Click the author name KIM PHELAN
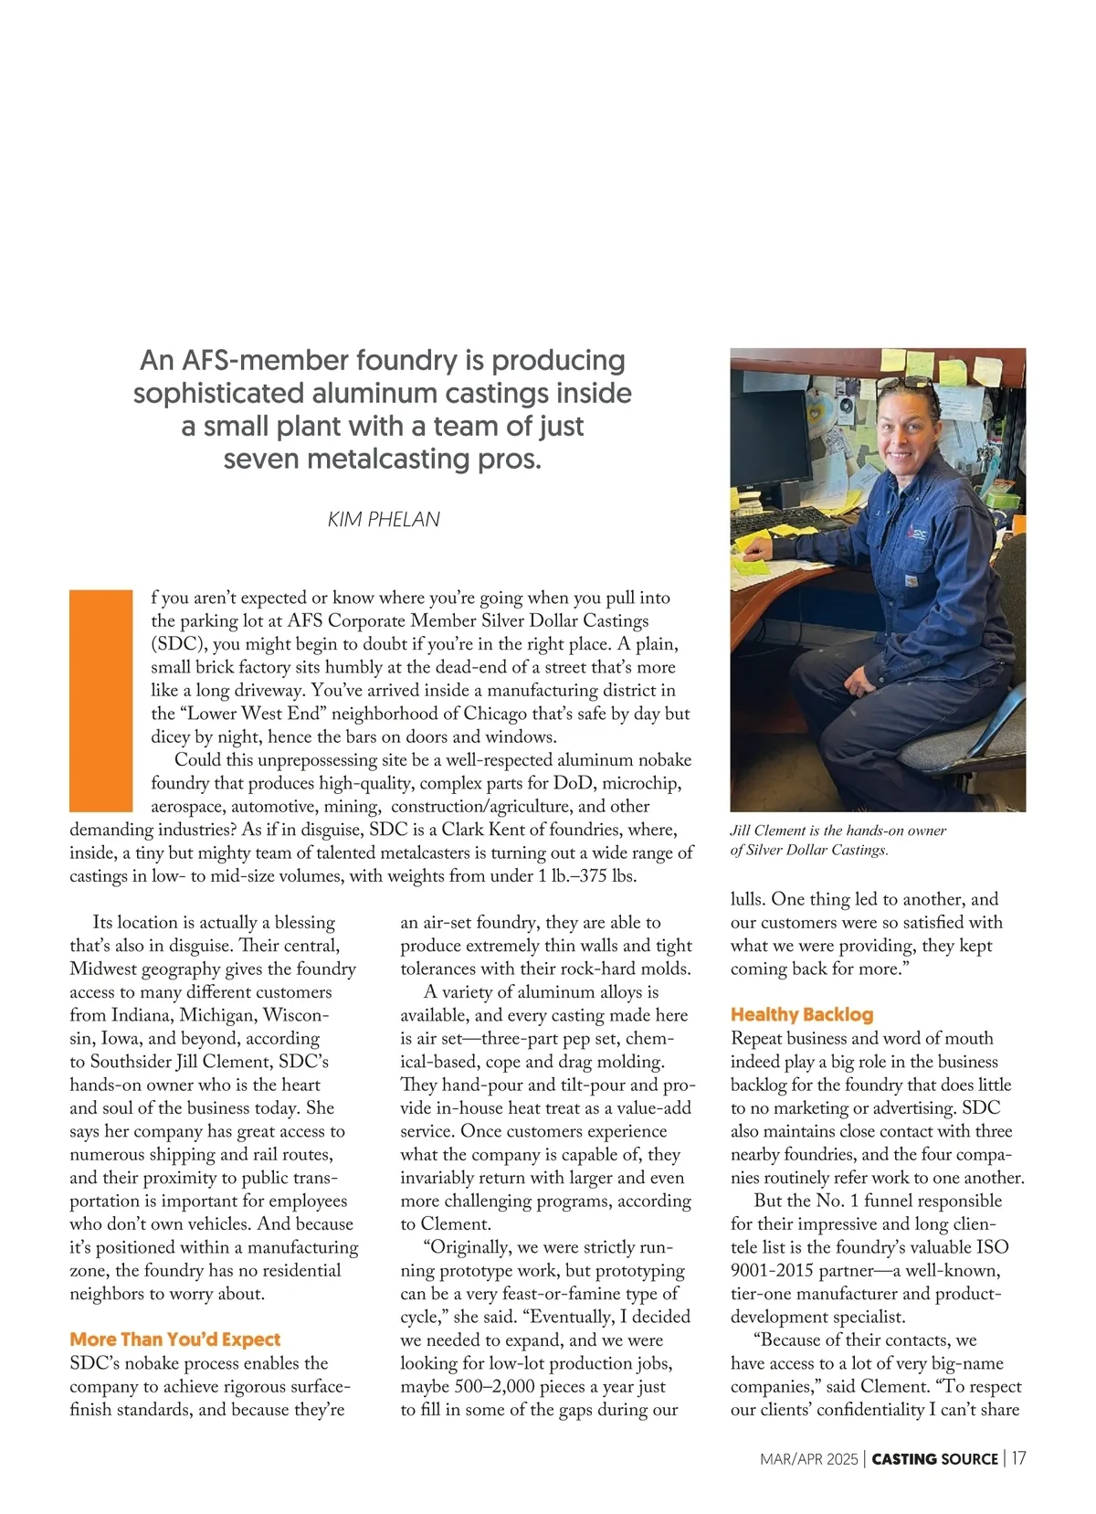click(384, 519)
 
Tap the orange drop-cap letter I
click(101, 701)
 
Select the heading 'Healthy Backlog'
click(801, 1014)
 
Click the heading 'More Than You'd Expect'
click(174, 1339)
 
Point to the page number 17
click(1017, 1458)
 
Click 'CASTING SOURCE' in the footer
click(934, 1459)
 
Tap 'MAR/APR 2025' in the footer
click(808, 1459)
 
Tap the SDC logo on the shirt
click(917, 529)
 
